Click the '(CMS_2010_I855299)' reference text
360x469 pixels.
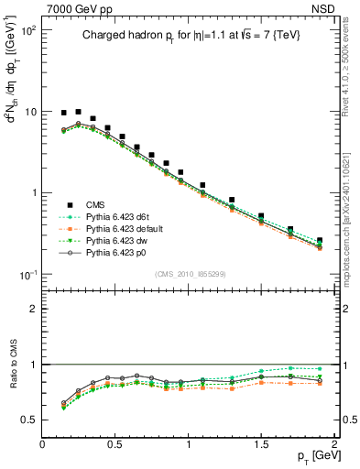(x=189, y=273)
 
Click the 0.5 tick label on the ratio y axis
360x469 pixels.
(x=29, y=420)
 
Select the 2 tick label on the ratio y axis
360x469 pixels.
(x=34, y=309)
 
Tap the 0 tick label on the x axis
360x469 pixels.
(x=42, y=445)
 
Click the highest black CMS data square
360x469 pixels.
(x=78, y=111)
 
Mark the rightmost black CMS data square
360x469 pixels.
(x=320, y=241)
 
